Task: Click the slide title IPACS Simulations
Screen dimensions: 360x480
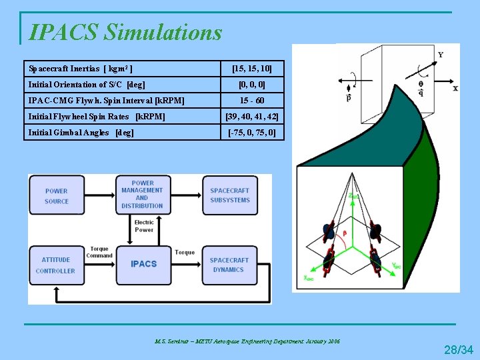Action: pyautogui.click(x=126, y=31)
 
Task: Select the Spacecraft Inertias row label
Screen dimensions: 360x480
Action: pyautogui.click(x=80, y=69)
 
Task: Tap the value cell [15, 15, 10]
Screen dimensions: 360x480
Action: pyautogui.click(x=251, y=69)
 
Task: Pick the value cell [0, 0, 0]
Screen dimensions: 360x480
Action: pyautogui.click(x=251, y=85)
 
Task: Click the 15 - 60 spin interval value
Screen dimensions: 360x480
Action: pyautogui.click(x=251, y=101)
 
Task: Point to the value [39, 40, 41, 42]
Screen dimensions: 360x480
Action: pyautogui.click(x=251, y=117)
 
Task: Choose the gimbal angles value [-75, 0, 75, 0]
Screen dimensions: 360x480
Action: pyautogui.click(x=251, y=133)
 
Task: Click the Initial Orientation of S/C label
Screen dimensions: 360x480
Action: pyautogui.click(x=87, y=85)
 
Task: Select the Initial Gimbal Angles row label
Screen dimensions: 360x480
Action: pyautogui.click(x=81, y=133)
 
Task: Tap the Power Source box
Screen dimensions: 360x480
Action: pyautogui.click(x=57, y=196)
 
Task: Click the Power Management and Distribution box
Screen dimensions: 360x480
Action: pyautogui.click(x=142, y=194)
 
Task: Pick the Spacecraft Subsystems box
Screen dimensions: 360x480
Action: pyautogui.click(x=229, y=195)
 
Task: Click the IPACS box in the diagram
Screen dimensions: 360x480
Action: pyautogui.click(x=143, y=264)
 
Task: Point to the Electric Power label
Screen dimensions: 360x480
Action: pyautogui.click(x=144, y=226)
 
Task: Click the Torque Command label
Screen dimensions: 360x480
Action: pyautogui.click(x=99, y=252)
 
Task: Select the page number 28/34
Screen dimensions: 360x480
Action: pyautogui.click(x=459, y=349)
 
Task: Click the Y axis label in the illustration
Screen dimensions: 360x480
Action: pyautogui.click(x=441, y=55)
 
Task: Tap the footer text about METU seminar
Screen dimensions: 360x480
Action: pyautogui.click(x=247, y=341)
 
